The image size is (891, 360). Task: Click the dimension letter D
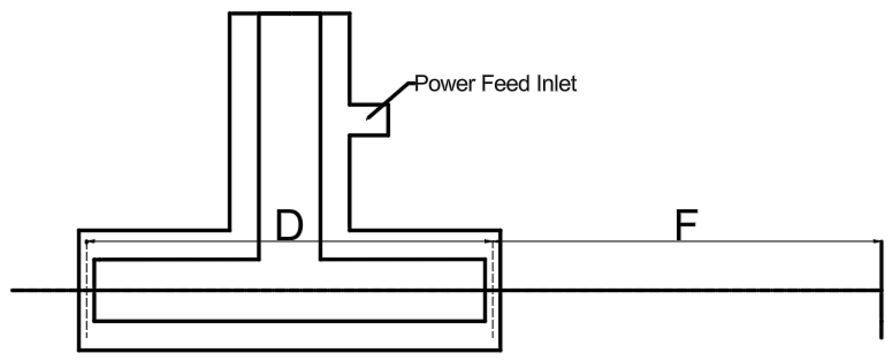[x=289, y=226]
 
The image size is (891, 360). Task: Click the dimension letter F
[x=686, y=225]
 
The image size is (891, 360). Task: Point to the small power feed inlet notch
[x=369, y=119]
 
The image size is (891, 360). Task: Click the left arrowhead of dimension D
[x=89, y=241]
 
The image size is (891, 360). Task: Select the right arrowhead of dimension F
[x=877, y=241]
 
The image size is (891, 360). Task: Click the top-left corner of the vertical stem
[x=230, y=14]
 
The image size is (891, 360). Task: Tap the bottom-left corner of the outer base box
[x=79, y=350]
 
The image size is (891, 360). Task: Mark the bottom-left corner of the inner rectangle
[x=94, y=321]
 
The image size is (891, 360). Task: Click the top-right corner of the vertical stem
[x=350, y=14]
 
